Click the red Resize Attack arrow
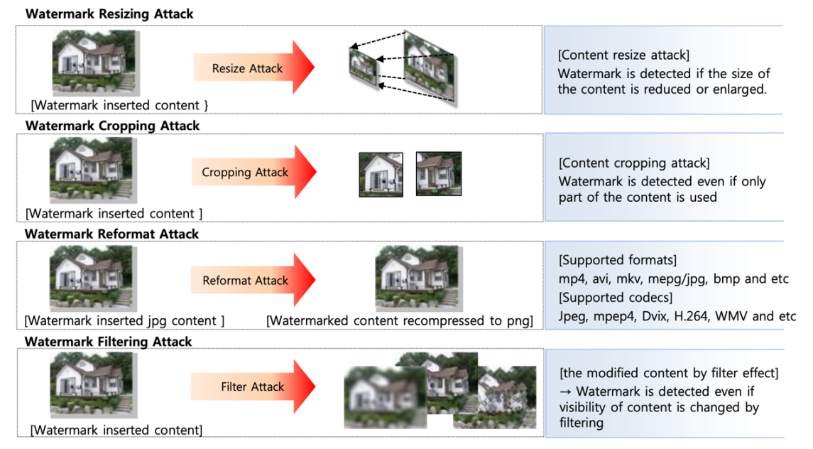tap(254, 67)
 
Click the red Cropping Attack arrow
tap(254, 172)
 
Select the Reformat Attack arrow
tap(253, 280)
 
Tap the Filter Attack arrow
tap(253, 386)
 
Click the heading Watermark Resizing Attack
tap(109, 14)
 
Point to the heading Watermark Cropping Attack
tap(112, 126)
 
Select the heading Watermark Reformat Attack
tap(111, 234)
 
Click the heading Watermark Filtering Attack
tap(109, 342)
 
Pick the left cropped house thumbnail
tap(381, 174)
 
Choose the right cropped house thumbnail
tap(439, 174)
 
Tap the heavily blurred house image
tap(385, 397)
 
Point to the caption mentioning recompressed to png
tap(400, 321)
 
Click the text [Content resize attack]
tap(623, 55)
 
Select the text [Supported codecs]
tap(616, 298)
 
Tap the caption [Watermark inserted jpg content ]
tap(124, 321)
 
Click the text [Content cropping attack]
tap(634, 163)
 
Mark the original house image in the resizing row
tap(95, 63)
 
